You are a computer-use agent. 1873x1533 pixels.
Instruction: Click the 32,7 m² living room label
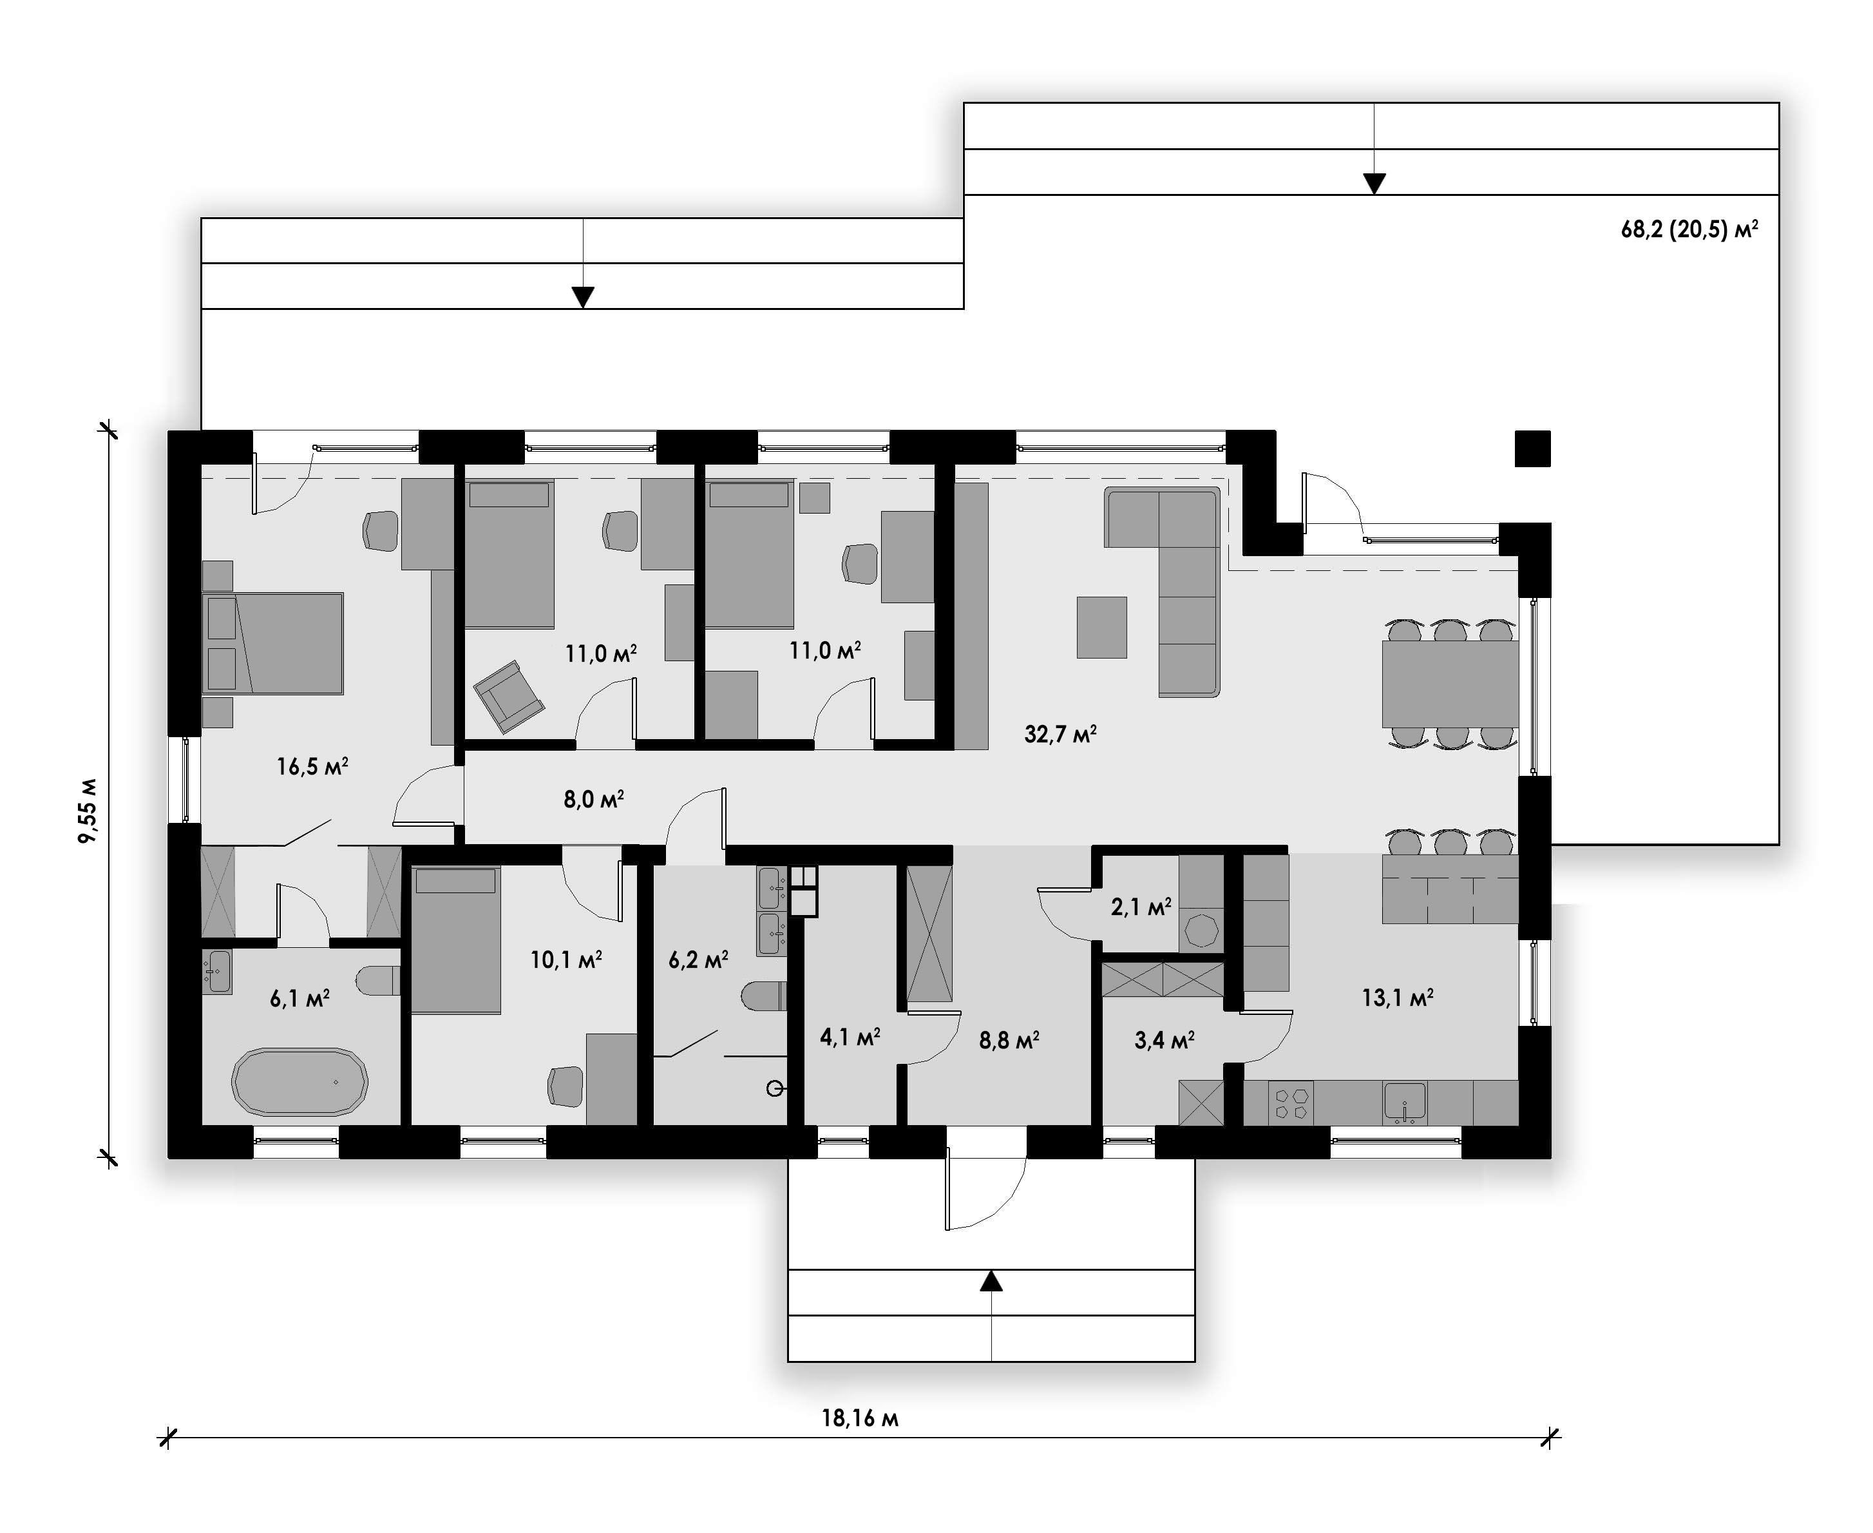tap(1060, 734)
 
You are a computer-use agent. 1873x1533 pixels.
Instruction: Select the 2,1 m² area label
tap(1141, 907)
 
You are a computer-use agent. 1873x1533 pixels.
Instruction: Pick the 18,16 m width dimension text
tap(860, 1418)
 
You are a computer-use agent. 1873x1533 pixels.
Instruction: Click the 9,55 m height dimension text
tap(88, 811)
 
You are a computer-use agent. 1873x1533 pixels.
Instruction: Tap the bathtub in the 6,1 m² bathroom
tap(299, 1082)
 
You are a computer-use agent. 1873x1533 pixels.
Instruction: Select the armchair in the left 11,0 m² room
tap(508, 697)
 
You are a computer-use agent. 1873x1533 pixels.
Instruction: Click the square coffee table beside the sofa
tap(1101, 627)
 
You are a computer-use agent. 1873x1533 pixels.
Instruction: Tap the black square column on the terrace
tap(1532, 448)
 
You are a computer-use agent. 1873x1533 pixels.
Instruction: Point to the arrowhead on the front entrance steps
tap(991, 1280)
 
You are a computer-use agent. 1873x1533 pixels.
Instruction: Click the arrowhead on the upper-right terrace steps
tap(1374, 184)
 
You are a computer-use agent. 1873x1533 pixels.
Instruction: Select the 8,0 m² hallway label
tap(593, 800)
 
